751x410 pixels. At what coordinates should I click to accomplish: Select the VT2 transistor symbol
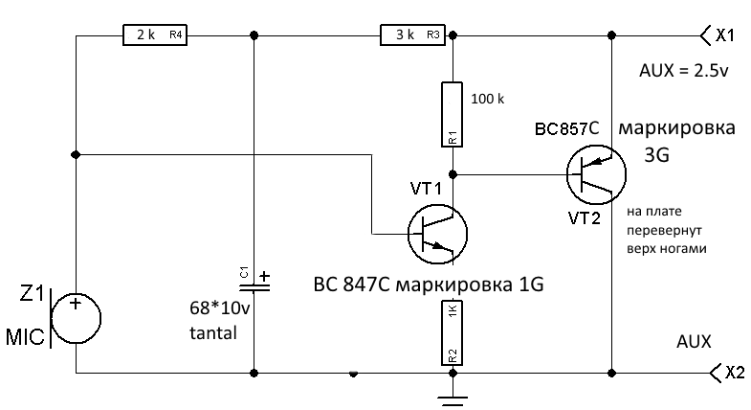(x=596, y=172)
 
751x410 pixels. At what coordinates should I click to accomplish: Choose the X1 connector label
(x=723, y=35)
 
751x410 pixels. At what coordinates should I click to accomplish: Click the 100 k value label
(x=490, y=98)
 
